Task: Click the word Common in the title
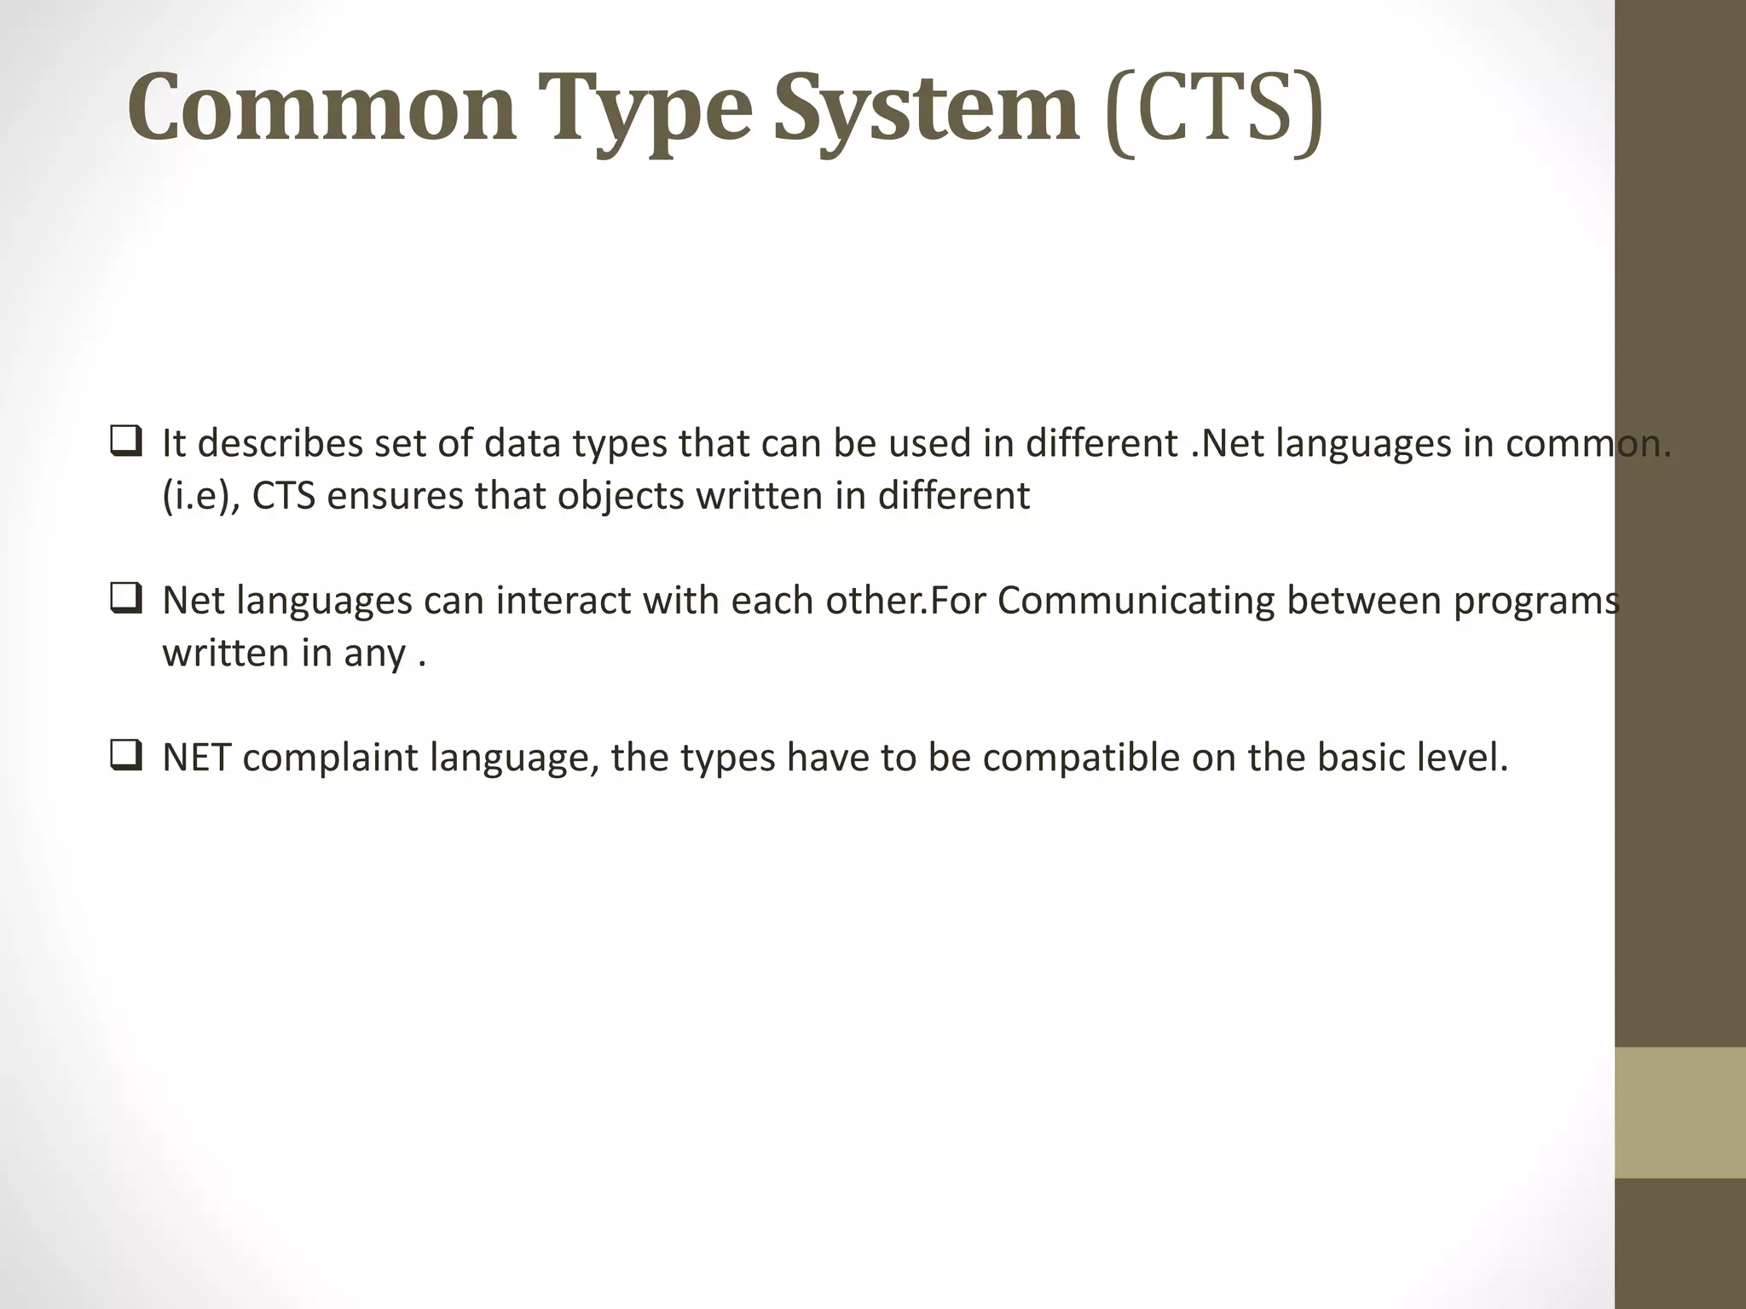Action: pos(321,109)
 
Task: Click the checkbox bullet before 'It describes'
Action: pos(125,443)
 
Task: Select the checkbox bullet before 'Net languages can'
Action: pos(125,600)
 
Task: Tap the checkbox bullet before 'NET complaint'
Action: pos(125,757)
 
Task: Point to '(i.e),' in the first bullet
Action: pos(201,496)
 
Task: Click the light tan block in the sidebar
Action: pos(1680,1112)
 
